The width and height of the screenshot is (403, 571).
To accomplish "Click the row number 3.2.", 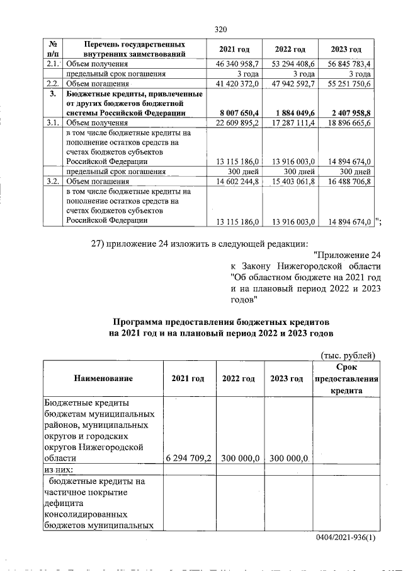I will click(x=53, y=180).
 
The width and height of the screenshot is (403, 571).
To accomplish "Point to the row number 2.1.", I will click(x=53, y=64).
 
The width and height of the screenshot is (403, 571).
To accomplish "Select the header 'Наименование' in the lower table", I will click(x=103, y=379).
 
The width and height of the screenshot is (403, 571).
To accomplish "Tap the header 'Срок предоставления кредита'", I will click(x=346, y=379).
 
